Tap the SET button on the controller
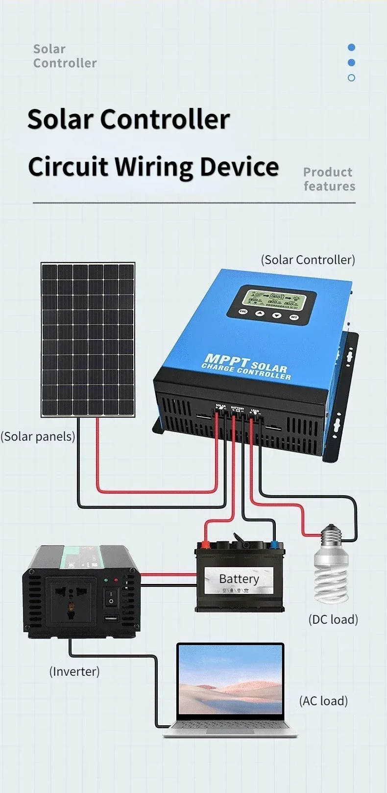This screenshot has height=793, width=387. (x=294, y=317)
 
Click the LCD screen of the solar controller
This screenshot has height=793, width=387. (x=272, y=298)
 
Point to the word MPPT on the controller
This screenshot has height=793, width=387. (x=227, y=361)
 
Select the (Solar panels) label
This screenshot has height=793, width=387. (x=38, y=436)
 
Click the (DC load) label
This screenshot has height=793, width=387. (x=333, y=619)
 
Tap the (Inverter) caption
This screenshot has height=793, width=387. (x=74, y=671)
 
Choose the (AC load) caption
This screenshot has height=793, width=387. (x=323, y=701)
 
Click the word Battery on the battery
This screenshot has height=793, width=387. (x=239, y=579)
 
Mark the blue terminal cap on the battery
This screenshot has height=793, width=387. (x=274, y=544)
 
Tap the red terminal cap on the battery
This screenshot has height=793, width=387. (x=205, y=544)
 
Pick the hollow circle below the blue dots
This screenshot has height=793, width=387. (x=351, y=78)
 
